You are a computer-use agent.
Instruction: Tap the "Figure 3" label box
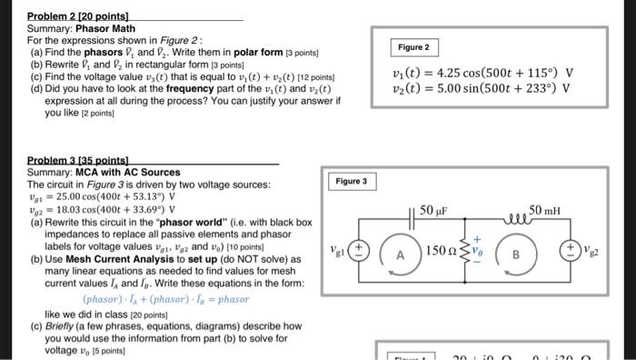[351, 182]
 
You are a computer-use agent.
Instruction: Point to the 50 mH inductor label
[544, 211]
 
